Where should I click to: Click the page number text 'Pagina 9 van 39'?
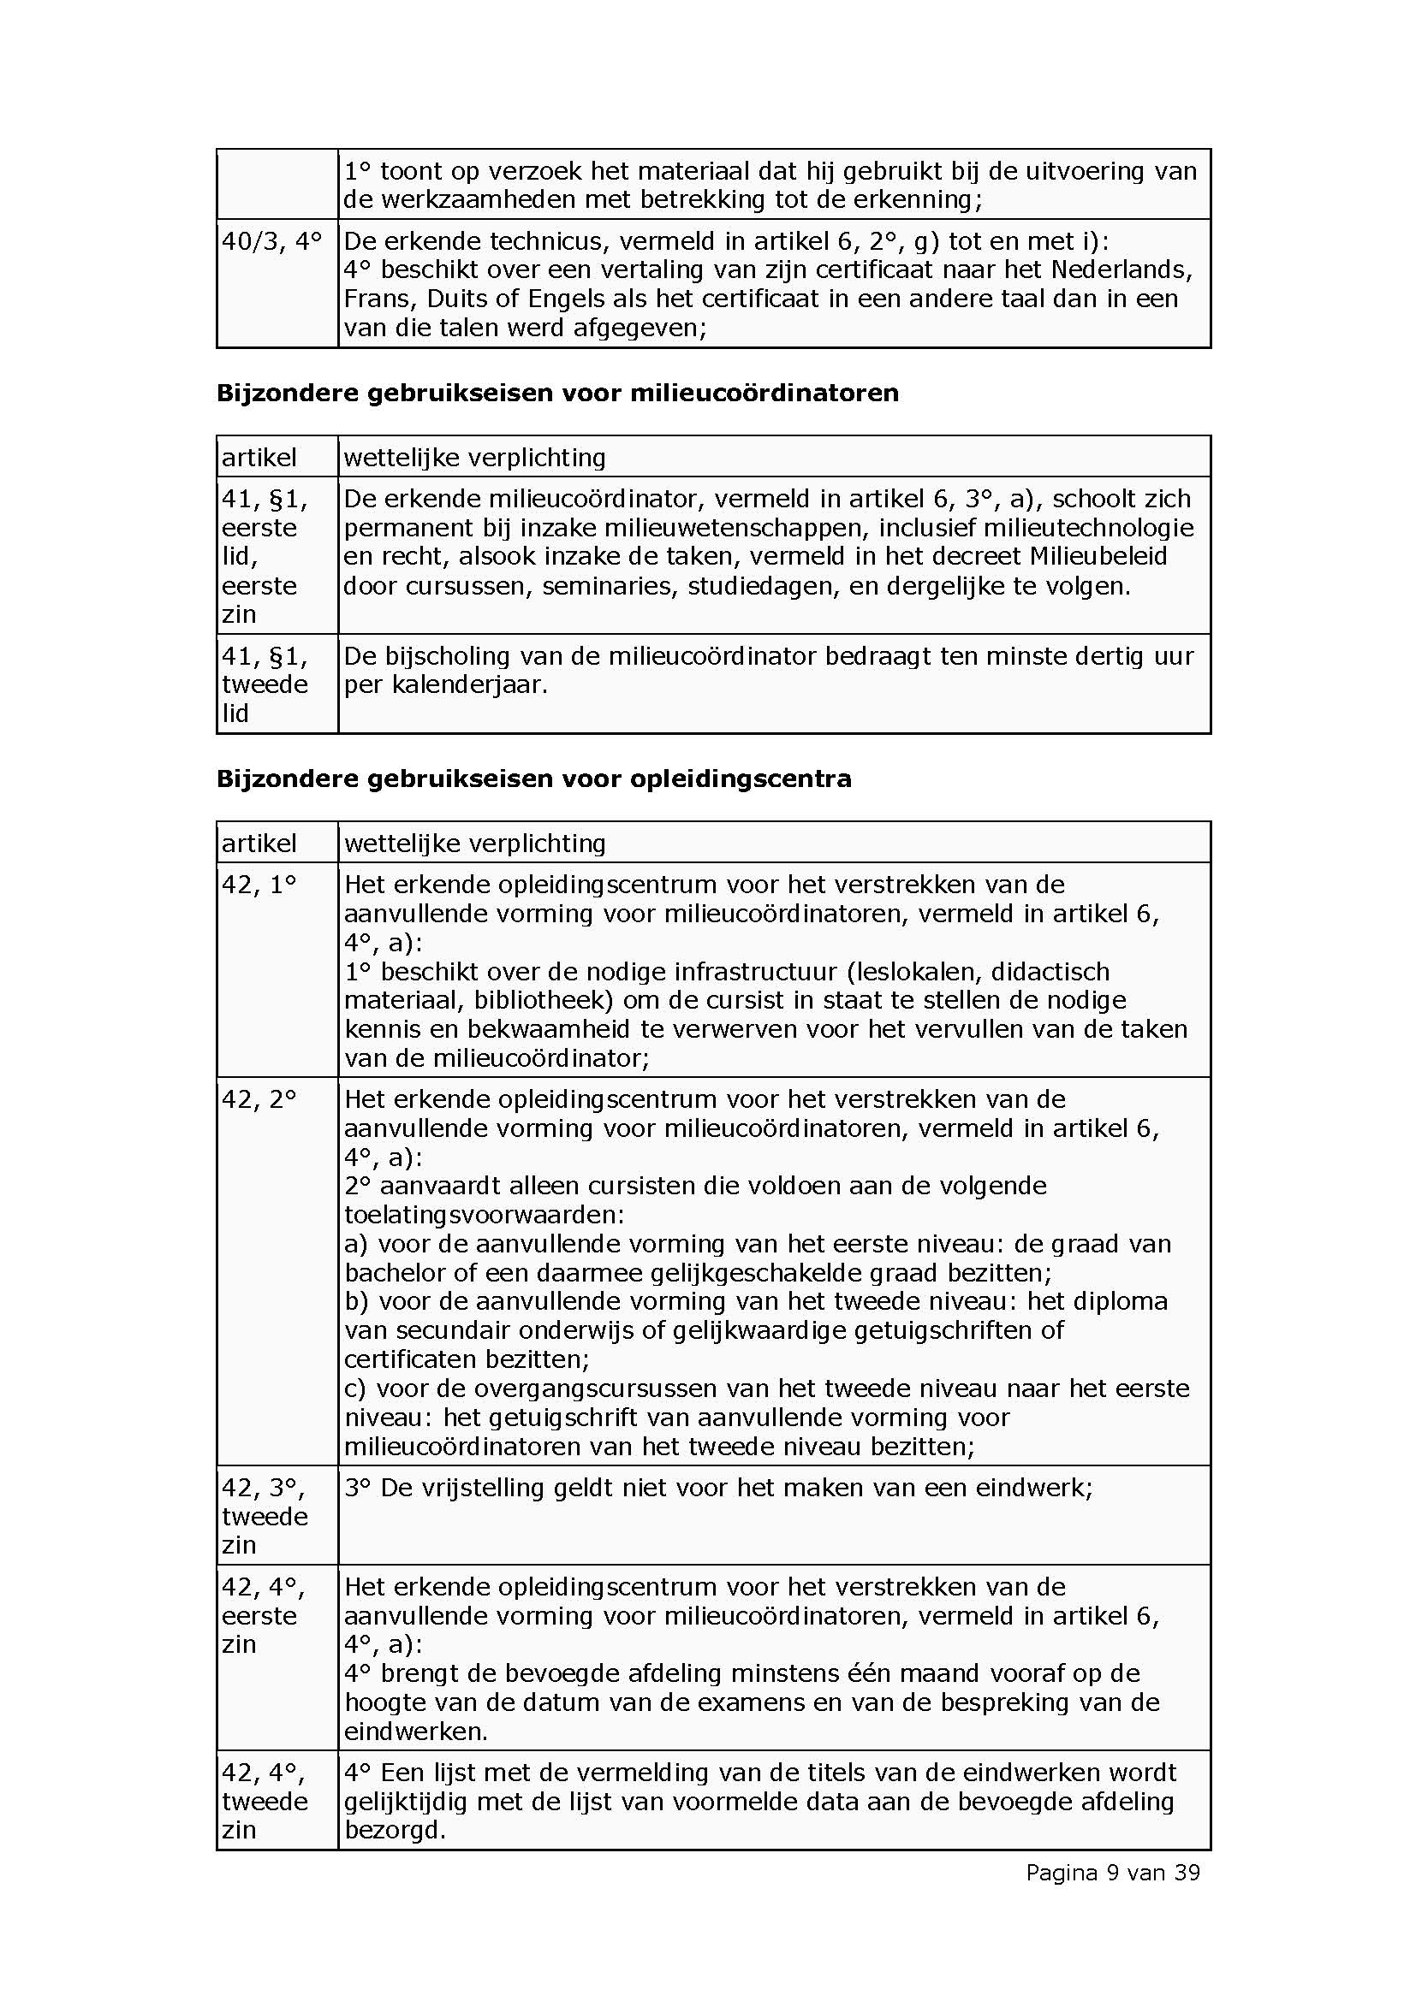[1113, 1872]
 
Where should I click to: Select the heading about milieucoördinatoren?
[557, 393]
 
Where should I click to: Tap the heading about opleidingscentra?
[533, 778]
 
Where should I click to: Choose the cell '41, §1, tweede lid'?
[265, 684]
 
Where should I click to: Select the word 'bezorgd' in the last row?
[394, 1831]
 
